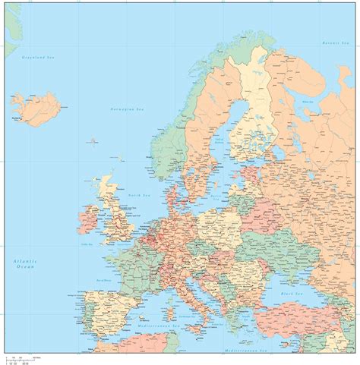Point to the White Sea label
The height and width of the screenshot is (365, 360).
click(x=308, y=101)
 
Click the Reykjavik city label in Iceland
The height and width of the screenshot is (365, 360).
click(x=16, y=118)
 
